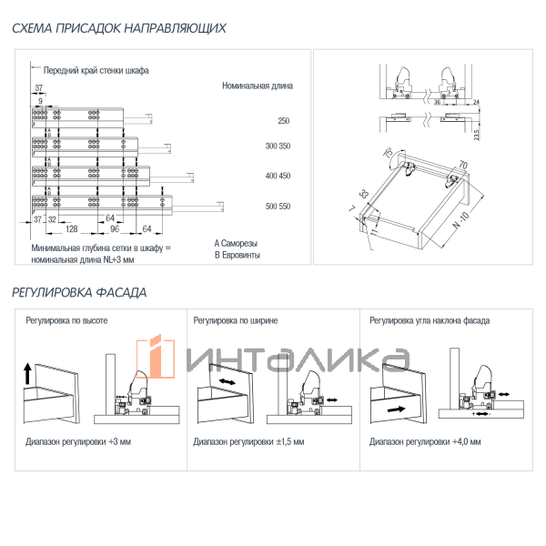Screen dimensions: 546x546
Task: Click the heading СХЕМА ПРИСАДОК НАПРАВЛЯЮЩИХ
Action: [119, 28]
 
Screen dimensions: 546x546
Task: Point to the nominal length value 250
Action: [283, 121]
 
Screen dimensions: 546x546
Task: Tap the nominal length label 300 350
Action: [278, 147]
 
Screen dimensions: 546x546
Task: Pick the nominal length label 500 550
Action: [278, 207]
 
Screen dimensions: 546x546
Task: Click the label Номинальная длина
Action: [257, 86]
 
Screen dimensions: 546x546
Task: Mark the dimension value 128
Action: [71, 229]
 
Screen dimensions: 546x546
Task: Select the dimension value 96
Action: [116, 229]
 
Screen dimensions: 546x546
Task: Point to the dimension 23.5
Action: [476, 134]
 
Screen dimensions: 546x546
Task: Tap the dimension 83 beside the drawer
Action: [365, 194]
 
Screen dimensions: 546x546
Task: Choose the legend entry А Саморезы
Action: [236, 244]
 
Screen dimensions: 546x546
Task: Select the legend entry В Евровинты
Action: [238, 256]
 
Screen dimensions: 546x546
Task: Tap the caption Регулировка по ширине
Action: [236, 320]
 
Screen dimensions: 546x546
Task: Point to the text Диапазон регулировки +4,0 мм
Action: [425, 441]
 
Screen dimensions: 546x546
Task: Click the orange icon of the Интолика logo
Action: [161, 358]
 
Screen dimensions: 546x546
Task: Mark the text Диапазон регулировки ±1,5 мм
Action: [249, 441]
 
